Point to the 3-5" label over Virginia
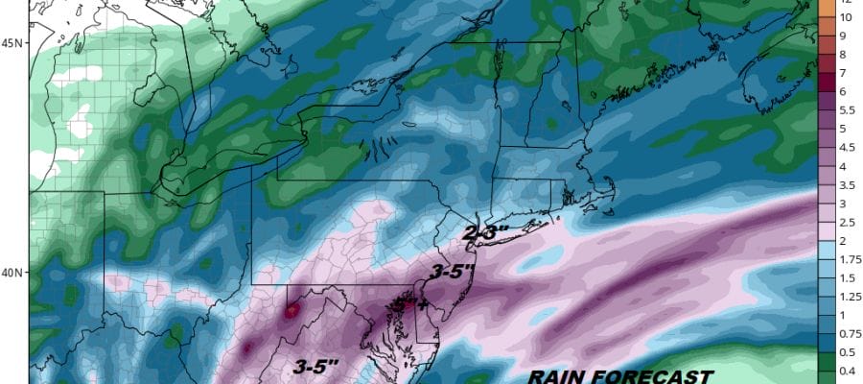pyautogui.click(x=313, y=365)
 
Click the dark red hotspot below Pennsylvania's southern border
pyautogui.click(x=291, y=310)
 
